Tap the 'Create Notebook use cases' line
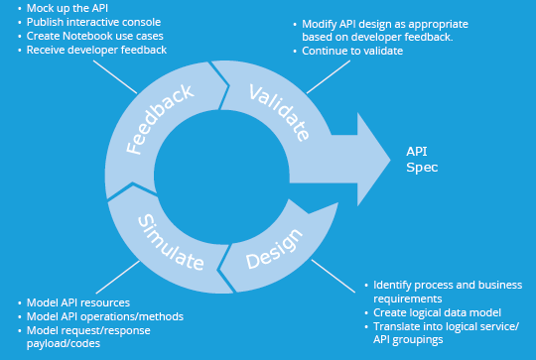pyautogui.click(x=95, y=35)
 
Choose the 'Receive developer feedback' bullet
pyautogui.click(x=96, y=49)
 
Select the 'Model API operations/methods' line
pyautogui.click(x=106, y=315)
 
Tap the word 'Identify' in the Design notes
pyautogui.click(x=394, y=284)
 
